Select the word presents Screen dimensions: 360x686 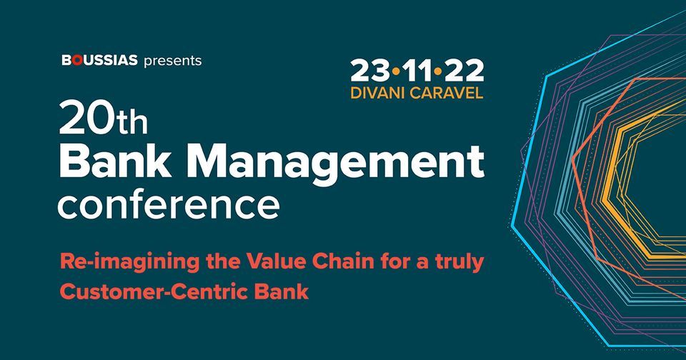[173, 61]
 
